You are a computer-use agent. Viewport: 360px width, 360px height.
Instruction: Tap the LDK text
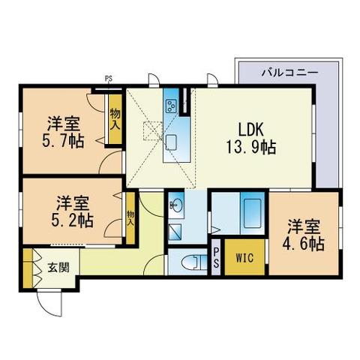coord(252,128)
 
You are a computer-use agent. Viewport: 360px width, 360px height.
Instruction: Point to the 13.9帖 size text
coord(252,146)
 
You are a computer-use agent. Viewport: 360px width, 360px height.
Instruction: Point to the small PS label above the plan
coord(109,78)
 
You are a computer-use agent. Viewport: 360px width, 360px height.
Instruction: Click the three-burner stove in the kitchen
coord(171,104)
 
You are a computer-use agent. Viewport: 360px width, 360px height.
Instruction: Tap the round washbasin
coord(178,203)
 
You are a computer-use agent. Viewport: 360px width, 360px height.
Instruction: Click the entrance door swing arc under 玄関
coord(49,306)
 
